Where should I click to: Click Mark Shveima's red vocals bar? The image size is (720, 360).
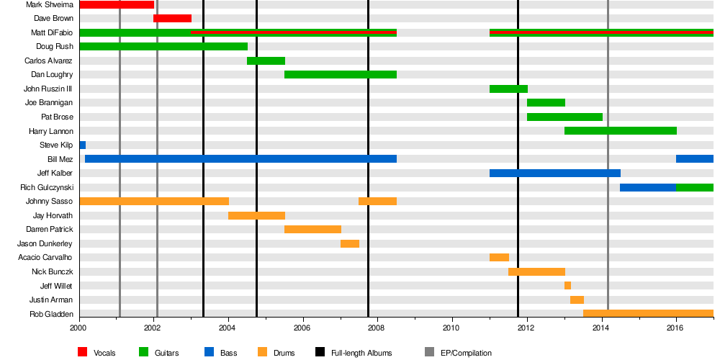(116, 4)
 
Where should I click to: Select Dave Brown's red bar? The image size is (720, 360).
(172, 18)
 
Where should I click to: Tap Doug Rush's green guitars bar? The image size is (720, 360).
(163, 46)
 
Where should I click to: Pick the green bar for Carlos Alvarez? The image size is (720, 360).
(266, 60)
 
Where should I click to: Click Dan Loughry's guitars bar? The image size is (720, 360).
(340, 74)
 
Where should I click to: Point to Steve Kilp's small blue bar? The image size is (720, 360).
(83, 145)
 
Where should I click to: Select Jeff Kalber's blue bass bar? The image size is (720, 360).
(554, 173)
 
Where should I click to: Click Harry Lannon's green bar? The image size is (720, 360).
(620, 130)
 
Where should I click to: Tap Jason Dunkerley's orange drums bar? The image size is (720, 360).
(349, 243)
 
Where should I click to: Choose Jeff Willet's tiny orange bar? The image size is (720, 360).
(567, 285)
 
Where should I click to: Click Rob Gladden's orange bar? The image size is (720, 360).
(648, 313)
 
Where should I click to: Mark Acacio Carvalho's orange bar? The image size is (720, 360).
(499, 257)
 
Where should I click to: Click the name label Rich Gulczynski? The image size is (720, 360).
(47, 187)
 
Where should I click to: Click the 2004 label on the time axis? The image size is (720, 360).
(228, 328)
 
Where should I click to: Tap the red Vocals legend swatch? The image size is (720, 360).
(83, 352)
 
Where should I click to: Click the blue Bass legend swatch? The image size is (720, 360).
(210, 352)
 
